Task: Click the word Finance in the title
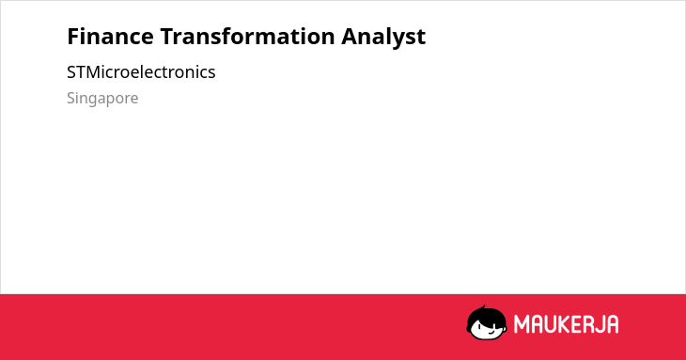tap(110, 37)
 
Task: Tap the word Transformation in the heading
tap(247, 37)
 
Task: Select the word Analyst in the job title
tap(383, 38)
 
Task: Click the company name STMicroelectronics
tap(141, 72)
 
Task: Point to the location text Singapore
tap(102, 99)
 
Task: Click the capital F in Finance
tap(73, 37)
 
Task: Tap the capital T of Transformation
tap(167, 37)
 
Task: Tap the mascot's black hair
tap(486, 316)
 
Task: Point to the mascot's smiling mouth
tap(491, 333)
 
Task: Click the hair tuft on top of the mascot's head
tap(483, 307)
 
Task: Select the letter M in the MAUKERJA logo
tap(522, 324)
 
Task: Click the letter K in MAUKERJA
tap(565, 324)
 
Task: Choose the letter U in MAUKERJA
tap(551, 324)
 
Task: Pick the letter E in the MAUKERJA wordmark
tap(577, 324)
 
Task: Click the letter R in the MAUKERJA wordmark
tap(588, 324)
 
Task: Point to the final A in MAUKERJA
tap(612, 324)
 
